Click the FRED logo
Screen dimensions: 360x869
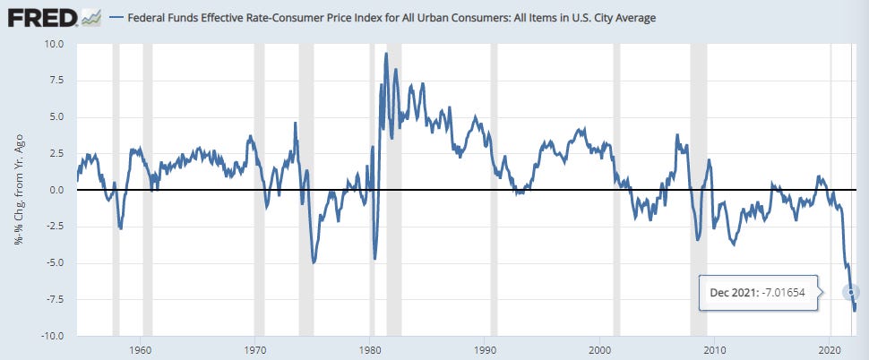tap(39, 17)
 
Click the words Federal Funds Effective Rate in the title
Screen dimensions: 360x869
tap(202, 18)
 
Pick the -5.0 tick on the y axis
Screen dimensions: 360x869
tap(53, 263)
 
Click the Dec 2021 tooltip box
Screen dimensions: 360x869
tap(758, 293)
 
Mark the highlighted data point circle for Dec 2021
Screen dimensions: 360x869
tap(850, 293)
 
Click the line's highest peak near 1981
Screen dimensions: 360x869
tap(386, 55)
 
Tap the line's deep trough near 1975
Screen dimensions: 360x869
tap(313, 261)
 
